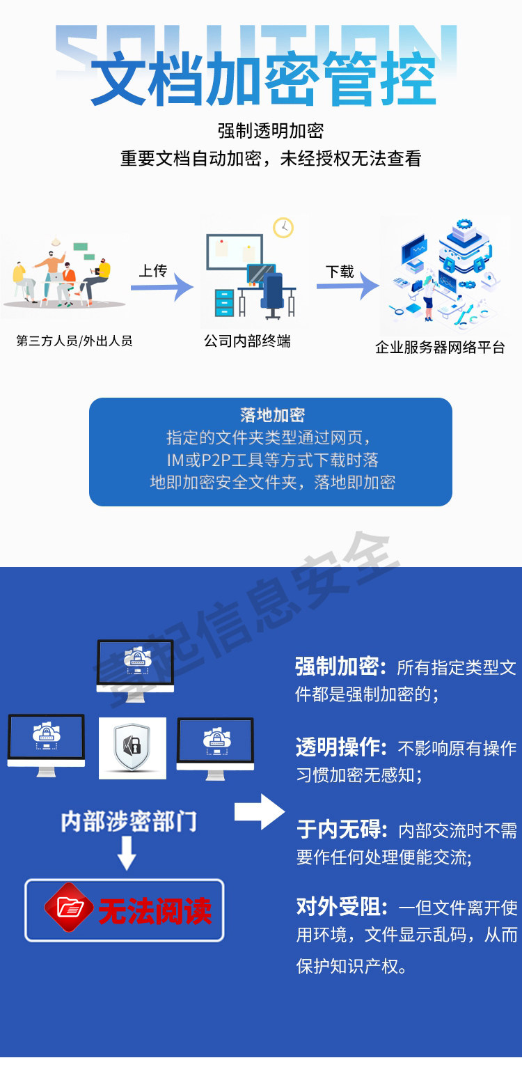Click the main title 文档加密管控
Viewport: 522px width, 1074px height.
coord(263,78)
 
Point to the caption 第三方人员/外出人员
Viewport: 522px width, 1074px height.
coord(74,341)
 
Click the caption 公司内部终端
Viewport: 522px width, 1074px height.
coord(247,341)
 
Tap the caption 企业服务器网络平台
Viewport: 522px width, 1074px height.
coord(440,347)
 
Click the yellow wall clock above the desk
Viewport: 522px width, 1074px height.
coord(283,227)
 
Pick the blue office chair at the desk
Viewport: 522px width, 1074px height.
coord(274,293)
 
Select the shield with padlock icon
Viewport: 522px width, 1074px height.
coord(132,747)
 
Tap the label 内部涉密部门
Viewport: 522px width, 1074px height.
coord(129,821)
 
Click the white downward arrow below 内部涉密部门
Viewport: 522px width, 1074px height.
coord(127,855)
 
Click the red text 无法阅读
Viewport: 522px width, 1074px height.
coord(155,910)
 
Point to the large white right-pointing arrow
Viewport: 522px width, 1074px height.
coord(260,811)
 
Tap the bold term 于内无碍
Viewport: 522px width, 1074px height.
coord(340,829)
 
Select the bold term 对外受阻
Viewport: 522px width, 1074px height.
coord(340,906)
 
